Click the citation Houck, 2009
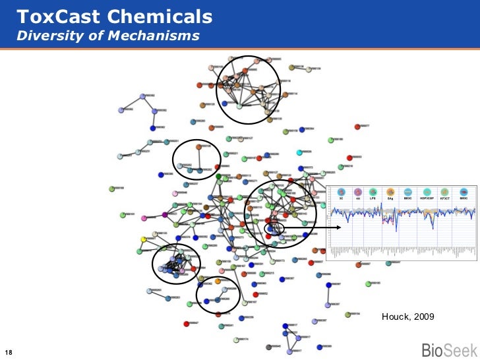click(x=407, y=317)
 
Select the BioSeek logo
click(x=446, y=349)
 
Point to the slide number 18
click(x=9, y=351)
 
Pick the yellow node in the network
click(x=142, y=239)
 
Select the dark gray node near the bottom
click(x=268, y=347)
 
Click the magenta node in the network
click(x=164, y=215)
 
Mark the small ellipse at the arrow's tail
click(x=274, y=227)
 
